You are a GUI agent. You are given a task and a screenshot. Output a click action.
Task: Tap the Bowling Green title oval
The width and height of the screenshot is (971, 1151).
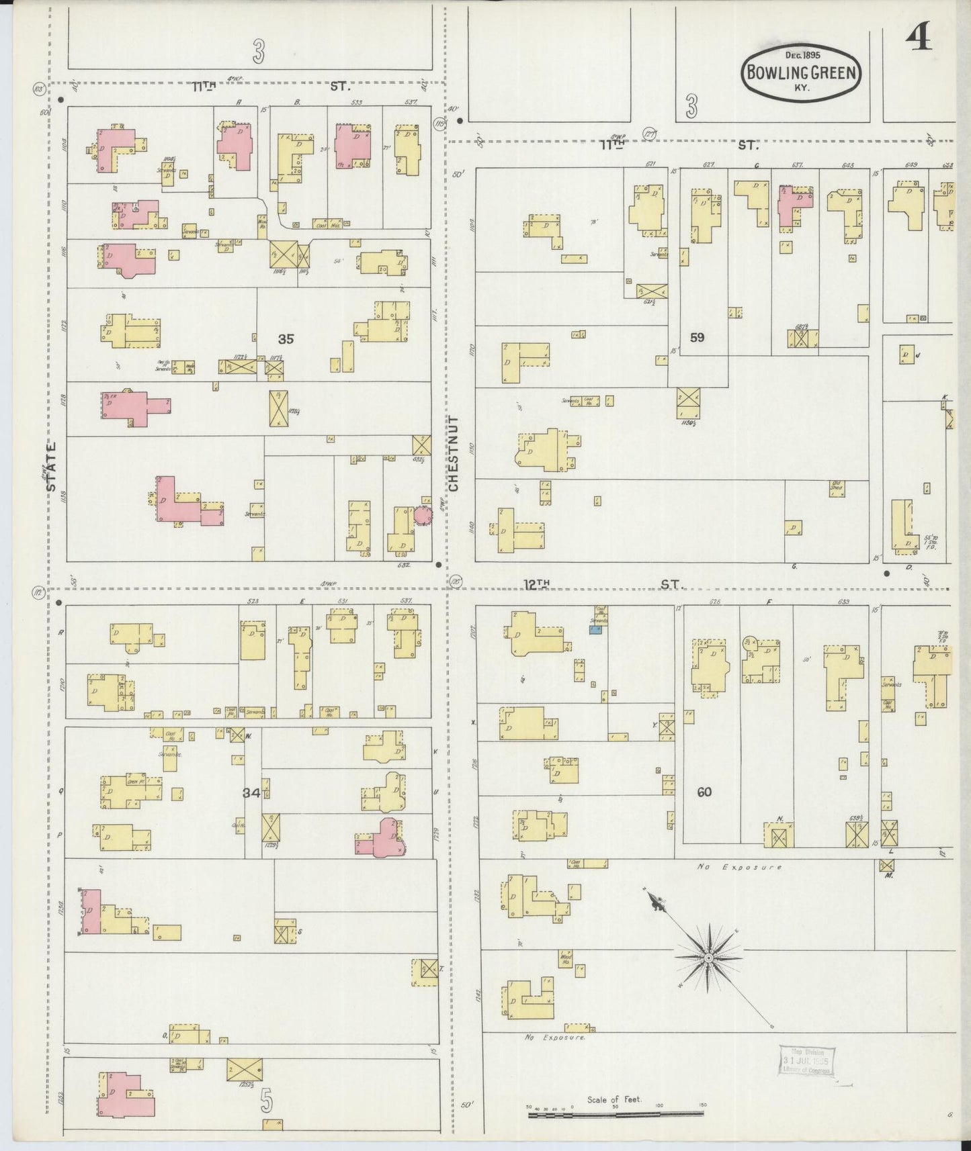coord(801,73)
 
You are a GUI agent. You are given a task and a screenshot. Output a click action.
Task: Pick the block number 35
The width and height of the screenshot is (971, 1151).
coord(286,339)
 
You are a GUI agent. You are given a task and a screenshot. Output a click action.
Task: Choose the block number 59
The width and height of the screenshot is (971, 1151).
coord(697,337)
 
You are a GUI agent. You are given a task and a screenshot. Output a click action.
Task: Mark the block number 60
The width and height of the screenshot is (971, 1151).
coord(704,792)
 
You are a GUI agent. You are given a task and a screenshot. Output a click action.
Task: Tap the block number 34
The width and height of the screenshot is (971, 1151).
coord(251,793)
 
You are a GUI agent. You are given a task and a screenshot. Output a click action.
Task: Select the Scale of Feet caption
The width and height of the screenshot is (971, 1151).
coord(614,1099)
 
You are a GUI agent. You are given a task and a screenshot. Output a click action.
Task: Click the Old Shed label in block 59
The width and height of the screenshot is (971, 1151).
coord(837,484)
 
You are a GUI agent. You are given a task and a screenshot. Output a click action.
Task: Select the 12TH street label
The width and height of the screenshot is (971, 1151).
coord(538,584)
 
